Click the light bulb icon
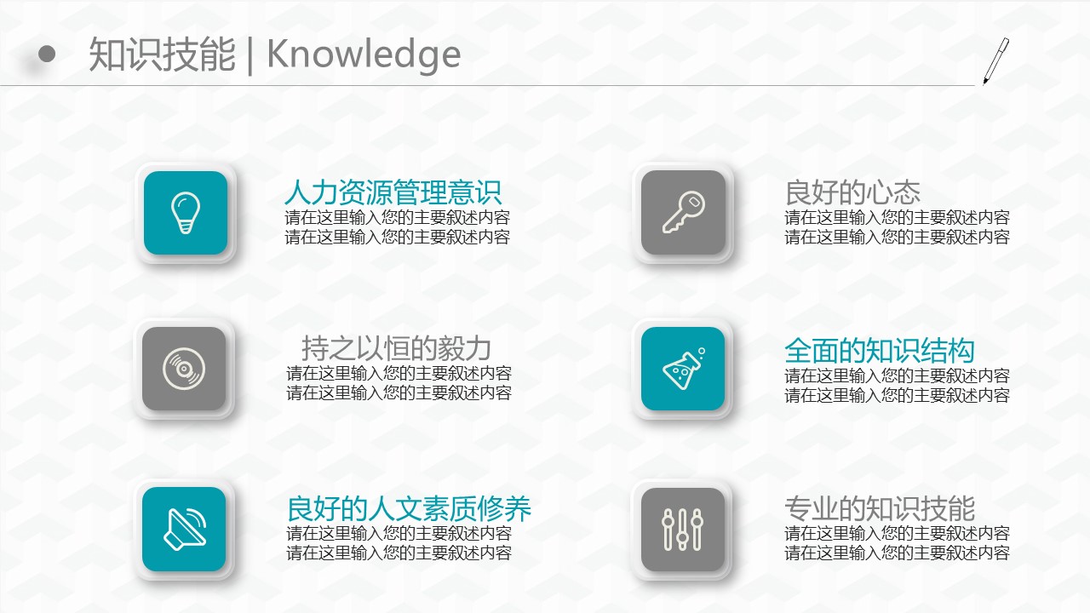tap(186, 213)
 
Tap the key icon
tap(684, 212)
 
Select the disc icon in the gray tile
tap(184, 369)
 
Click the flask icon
tap(683, 369)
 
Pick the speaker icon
tap(185, 529)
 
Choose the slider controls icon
tap(683, 530)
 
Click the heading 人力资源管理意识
tap(393, 192)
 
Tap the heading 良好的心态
tap(852, 192)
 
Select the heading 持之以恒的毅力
tap(396, 348)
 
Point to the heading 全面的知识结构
tap(880, 351)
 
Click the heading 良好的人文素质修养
tap(409, 509)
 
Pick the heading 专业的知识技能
tap(880, 509)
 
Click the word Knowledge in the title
tap(364, 54)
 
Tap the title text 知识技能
tap(162, 54)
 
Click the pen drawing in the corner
tap(995, 60)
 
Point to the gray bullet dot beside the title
tap(47, 54)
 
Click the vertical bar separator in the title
tap(250, 55)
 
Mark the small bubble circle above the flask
tap(701, 351)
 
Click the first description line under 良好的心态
tap(897, 217)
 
